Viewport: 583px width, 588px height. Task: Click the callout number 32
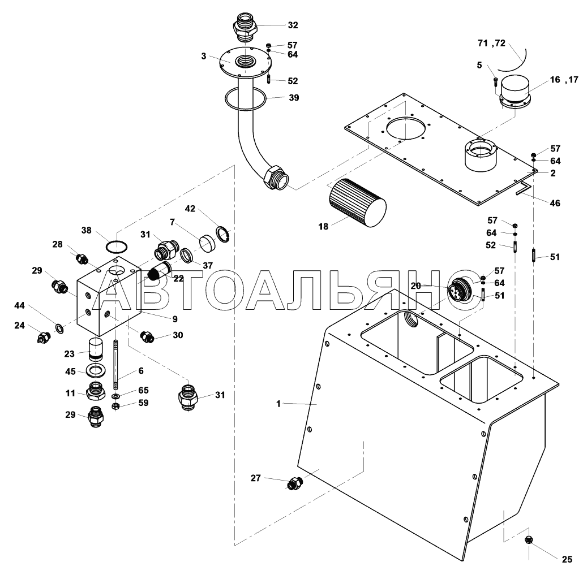pos(292,25)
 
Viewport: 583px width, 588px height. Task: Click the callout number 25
pos(567,560)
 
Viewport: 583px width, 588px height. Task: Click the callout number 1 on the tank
pos(278,403)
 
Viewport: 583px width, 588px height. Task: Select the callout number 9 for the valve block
pos(175,318)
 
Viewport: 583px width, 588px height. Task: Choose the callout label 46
pos(555,203)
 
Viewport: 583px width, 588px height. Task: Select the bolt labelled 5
pos(495,82)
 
